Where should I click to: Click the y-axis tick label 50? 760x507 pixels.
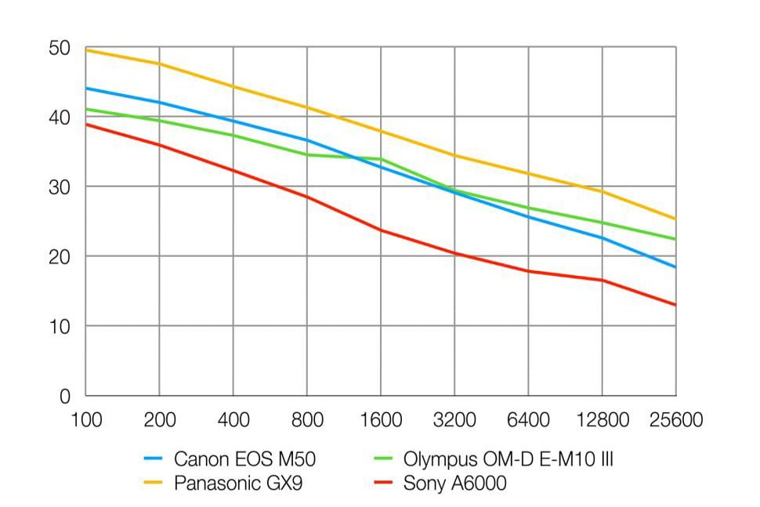coord(60,49)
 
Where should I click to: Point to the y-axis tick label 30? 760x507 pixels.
coord(60,187)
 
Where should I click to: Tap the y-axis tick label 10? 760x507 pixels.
coord(60,326)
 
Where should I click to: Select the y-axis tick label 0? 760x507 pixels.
coord(66,396)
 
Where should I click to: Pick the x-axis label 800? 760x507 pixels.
coord(306,420)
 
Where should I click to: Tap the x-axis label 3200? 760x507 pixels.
coord(454,420)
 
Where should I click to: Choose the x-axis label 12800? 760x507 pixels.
coord(602,420)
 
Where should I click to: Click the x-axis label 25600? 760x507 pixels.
coord(675,420)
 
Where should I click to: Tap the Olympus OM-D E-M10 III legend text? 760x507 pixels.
coord(508,459)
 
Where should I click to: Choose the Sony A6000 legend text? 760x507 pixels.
coord(454,483)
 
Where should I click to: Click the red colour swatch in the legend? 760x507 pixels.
coord(382,483)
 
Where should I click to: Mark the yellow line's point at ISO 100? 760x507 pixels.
coord(85,50)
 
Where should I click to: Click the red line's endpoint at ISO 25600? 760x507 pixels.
coord(675,305)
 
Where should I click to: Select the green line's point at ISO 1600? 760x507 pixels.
coord(381,159)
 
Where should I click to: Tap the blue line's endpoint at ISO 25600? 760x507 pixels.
coord(675,267)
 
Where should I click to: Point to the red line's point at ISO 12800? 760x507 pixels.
coord(602,281)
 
